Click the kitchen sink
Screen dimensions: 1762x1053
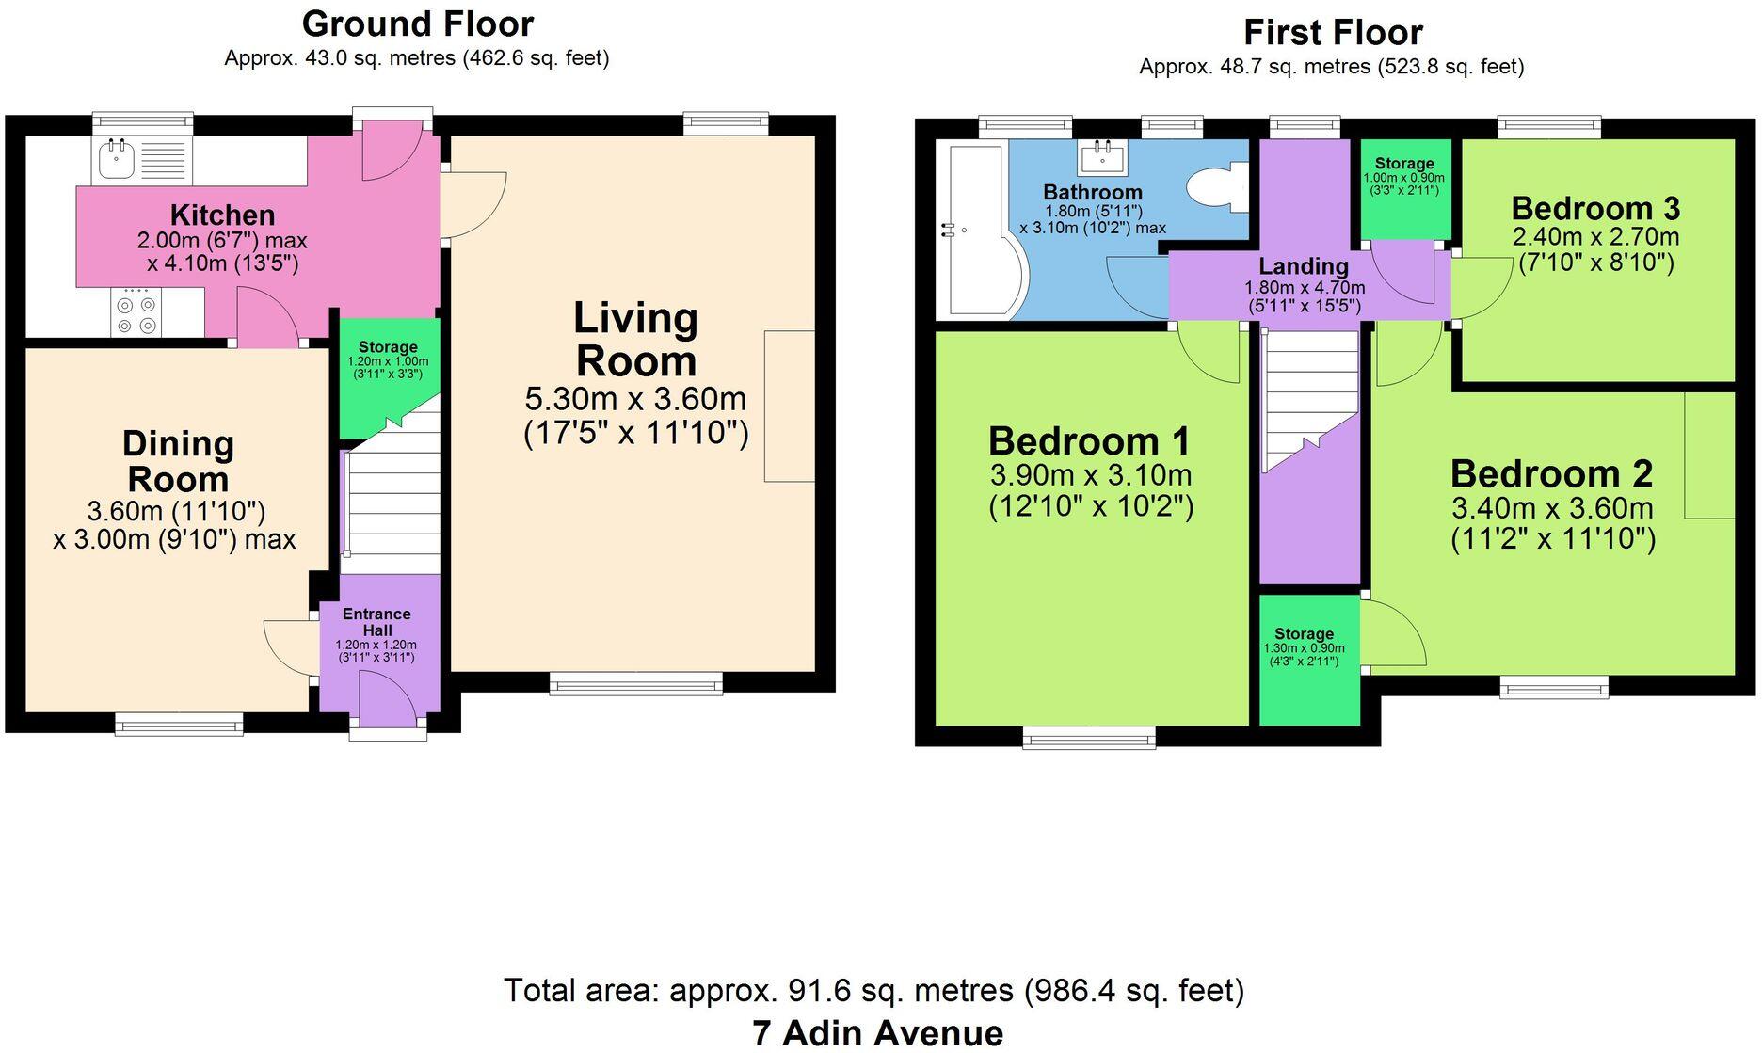pyautogui.click(x=142, y=160)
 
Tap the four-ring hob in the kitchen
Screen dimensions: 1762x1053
pyautogui.click(x=136, y=312)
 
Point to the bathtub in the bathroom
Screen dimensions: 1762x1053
pyautogui.click(x=979, y=231)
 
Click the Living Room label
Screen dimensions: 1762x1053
pyautogui.click(x=636, y=340)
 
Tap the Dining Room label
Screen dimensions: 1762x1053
pyautogui.click(x=178, y=461)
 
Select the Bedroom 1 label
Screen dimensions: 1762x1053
pyautogui.click(x=1089, y=440)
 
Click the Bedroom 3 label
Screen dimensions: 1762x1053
pyautogui.click(x=1595, y=208)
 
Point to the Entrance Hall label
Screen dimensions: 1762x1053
pyautogui.click(x=376, y=622)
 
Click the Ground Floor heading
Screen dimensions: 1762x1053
pyautogui.click(x=418, y=24)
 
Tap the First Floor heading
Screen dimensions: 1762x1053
pyautogui.click(x=1333, y=33)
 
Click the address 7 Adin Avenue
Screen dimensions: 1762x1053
pyautogui.click(x=877, y=1033)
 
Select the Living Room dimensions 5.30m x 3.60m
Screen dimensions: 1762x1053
pyautogui.click(x=635, y=399)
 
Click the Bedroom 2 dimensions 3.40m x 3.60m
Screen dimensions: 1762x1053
pyautogui.click(x=1552, y=508)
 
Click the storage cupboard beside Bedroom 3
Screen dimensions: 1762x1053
pyautogui.click(x=1403, y=189)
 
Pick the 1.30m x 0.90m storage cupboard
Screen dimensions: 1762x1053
pyautogui.click(x=1308, y=660)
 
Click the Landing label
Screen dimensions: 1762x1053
pyautogui.click(x=1304, y=266)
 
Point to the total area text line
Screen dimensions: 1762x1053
pyautogui.click(x=873, y=991)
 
